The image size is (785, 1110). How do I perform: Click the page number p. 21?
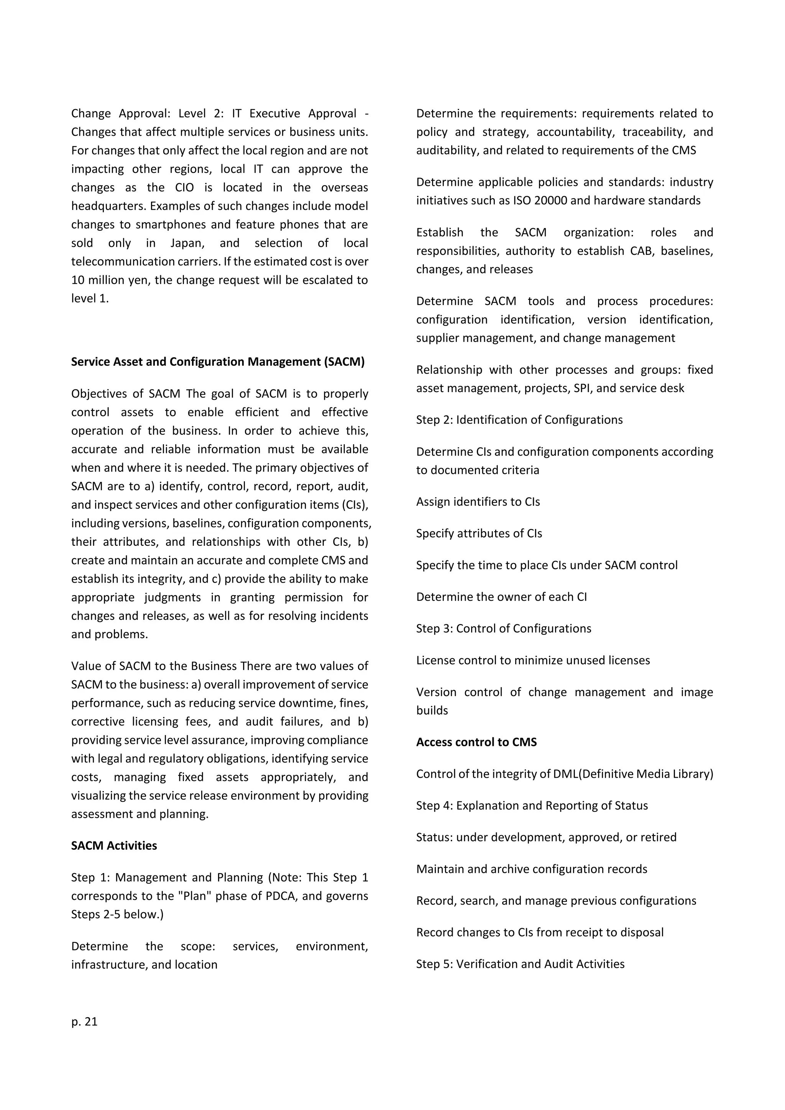coord(85,1021)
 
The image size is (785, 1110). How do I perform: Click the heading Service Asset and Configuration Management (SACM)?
coord(217,361)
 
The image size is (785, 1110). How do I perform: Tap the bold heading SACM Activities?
coord(114,846)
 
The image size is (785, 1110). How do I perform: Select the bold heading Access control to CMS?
coord(476,742)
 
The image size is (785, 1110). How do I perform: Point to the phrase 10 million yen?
coord(104,281)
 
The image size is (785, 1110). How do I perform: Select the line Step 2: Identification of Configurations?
coord(519,420)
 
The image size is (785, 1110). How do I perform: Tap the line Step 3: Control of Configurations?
coord(503,629)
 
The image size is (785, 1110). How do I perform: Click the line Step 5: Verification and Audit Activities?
coord(520,964)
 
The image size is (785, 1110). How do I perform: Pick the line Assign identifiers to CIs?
coord(478,502)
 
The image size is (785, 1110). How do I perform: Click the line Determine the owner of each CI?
coord(501,597)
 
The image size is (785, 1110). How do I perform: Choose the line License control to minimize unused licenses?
coord(533,660)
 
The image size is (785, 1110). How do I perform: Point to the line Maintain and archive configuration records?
coord(531,869)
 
